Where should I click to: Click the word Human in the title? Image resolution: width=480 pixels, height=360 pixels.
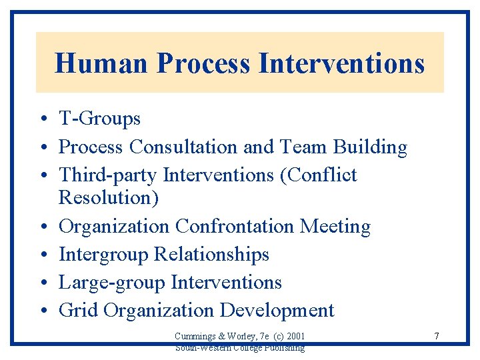point(102,63)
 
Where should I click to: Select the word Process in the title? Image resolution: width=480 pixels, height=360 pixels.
point(203,63)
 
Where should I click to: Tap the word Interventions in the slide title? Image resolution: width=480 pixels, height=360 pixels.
point(341,63)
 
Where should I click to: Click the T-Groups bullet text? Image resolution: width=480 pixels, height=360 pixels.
point(99,119)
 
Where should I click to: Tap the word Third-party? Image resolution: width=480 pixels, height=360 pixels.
point(108,175)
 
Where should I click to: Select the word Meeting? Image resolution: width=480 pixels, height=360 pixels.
point(335,227)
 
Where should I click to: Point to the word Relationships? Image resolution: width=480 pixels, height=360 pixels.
point(211,255)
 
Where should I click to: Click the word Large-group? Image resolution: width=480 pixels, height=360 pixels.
point(112,283)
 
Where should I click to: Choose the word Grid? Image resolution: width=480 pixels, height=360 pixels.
point(78,311)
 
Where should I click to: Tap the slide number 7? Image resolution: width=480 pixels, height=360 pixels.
point(436,336)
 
